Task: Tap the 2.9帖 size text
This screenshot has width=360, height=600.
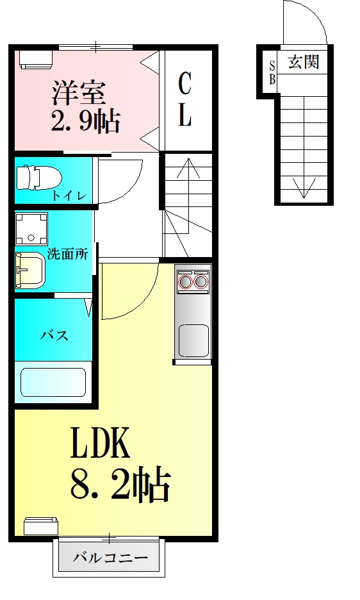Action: (86, 120)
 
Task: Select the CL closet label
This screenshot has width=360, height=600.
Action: (184, 99)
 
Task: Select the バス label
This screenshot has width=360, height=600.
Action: (54, 335)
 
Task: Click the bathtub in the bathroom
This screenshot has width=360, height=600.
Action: (53, 382)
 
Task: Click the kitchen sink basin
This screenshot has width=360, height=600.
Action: (193, 339)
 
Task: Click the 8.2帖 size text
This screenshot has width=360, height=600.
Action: (120, 485)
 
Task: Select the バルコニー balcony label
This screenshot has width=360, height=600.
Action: (110, 558)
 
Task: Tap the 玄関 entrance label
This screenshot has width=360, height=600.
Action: (303, 62)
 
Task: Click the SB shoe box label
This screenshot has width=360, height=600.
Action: (272, 72)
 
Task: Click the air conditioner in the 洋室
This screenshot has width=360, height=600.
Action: (36, 58)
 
